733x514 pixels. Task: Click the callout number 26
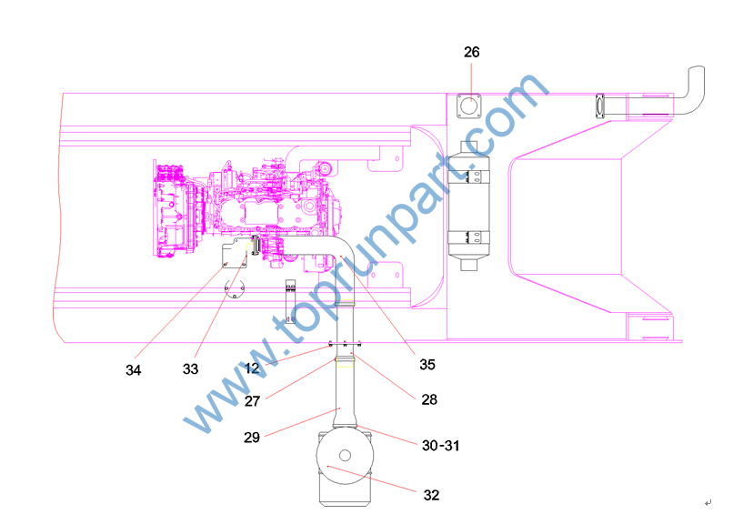pos(471,52)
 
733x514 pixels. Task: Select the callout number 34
pos(133,370)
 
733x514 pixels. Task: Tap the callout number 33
pos(190,369)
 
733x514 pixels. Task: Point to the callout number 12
pos(252,368)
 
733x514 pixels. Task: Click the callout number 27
pos(252,401)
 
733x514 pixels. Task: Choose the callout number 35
pos(427,364)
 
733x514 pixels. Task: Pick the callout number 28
pos(429,399)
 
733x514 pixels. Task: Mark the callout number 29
pos(252,438)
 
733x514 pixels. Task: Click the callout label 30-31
pos(440,445)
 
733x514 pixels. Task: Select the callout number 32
pos(431,495)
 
